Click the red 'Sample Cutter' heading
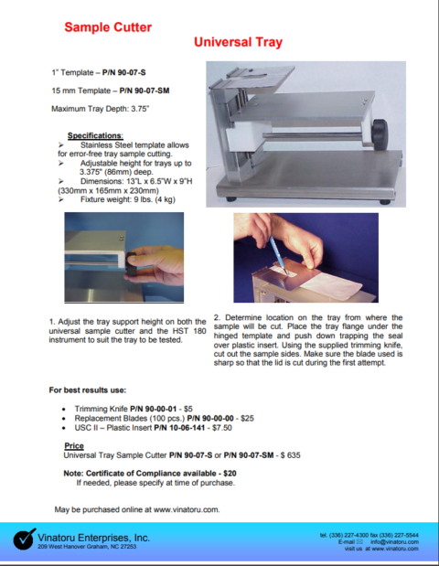point(108,27)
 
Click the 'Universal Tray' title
point(238,43)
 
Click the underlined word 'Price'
point(74,445)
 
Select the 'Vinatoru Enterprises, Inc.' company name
point(94,538)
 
